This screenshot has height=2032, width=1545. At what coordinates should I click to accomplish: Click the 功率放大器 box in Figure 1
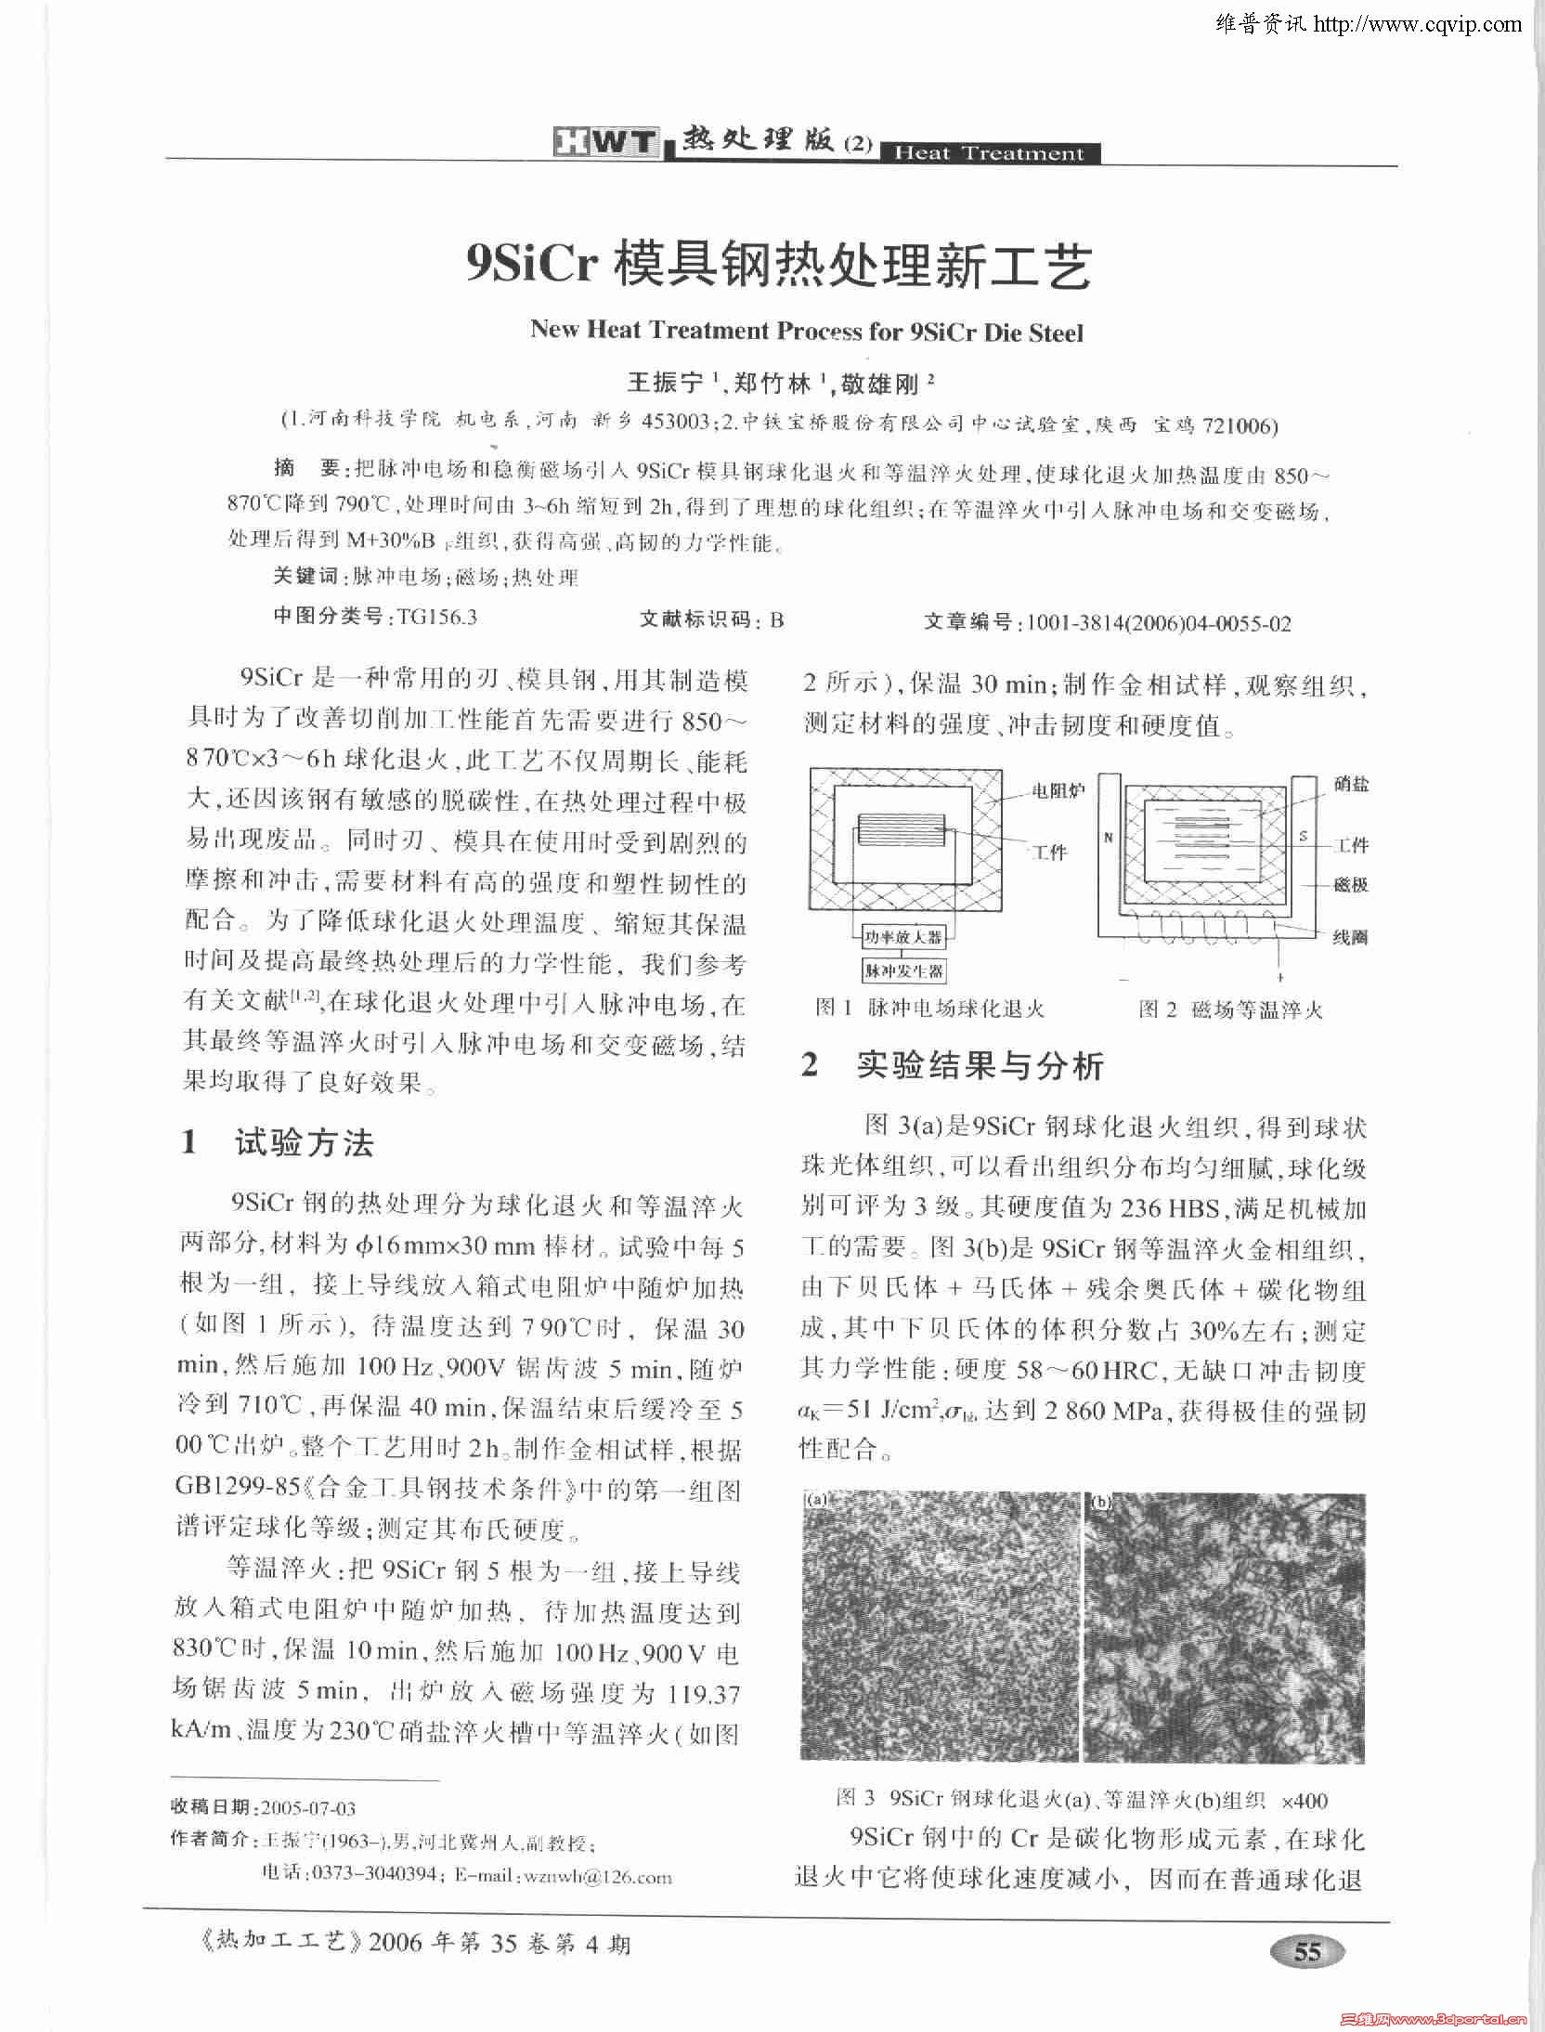pos(902,938)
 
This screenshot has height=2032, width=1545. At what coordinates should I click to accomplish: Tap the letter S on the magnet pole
pos(1304,837)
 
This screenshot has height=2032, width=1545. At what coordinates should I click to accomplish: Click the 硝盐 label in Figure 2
pos(1351,785)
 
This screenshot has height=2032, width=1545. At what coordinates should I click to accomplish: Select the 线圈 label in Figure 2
pos(1351,937)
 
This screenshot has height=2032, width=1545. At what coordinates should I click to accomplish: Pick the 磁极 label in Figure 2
pos(1351,885)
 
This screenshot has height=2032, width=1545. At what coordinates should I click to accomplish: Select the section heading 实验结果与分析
pos(980,1065)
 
